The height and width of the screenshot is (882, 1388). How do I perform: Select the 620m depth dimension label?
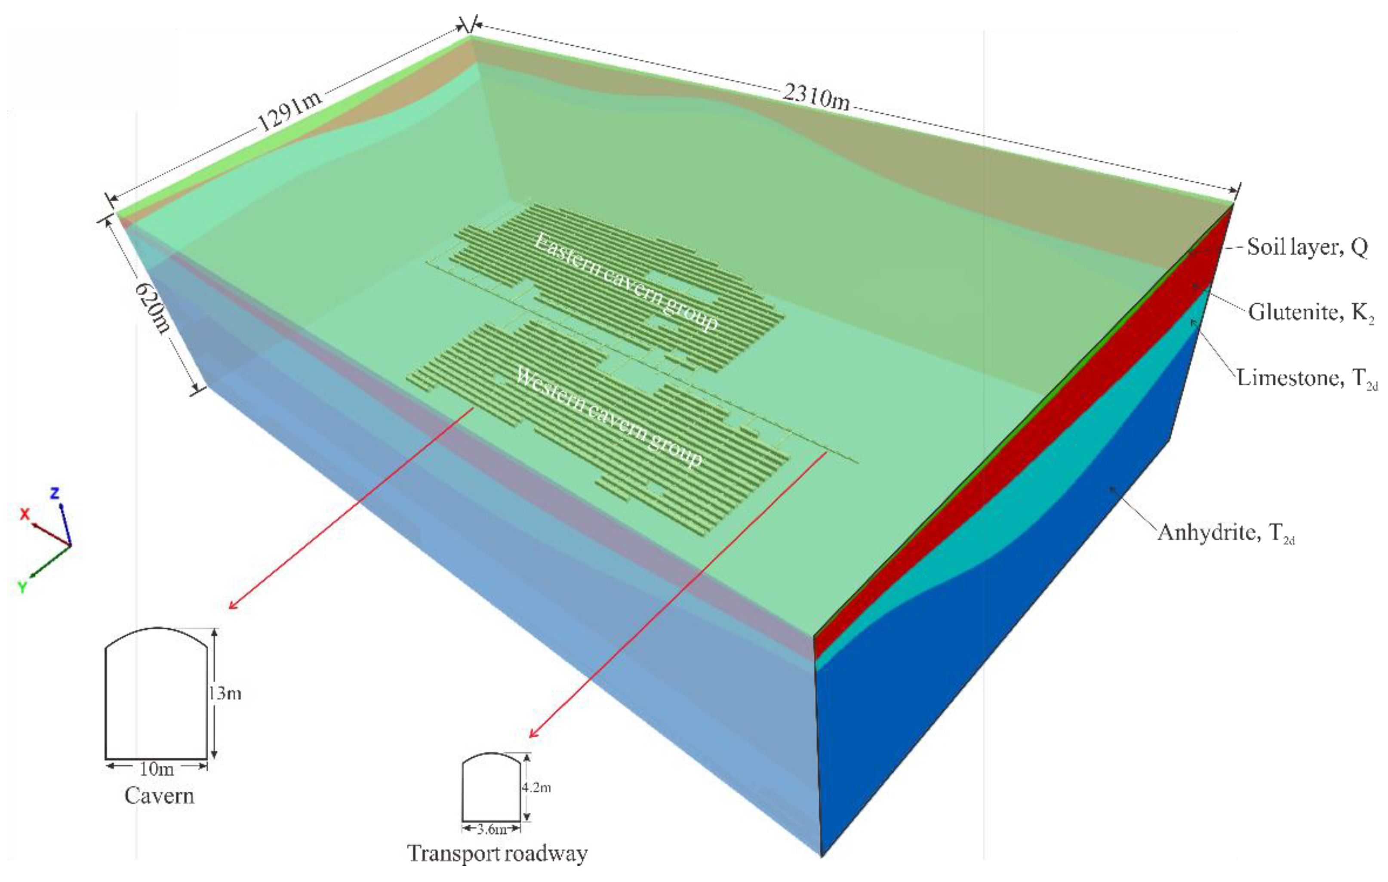point(152,307)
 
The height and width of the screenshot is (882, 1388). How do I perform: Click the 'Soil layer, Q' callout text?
point(1307,247)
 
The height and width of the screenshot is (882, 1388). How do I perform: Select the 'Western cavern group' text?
point(608,416)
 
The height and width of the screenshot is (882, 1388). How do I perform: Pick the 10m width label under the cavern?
point(156,768)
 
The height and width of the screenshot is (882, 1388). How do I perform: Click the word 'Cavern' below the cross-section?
point(159,796)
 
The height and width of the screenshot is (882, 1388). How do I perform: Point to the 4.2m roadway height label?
point(536,787)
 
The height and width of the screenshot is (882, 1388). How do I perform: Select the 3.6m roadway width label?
point(492,830)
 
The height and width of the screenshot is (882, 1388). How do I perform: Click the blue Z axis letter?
point(55,493)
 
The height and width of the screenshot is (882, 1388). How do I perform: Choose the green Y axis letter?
point(22,587)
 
